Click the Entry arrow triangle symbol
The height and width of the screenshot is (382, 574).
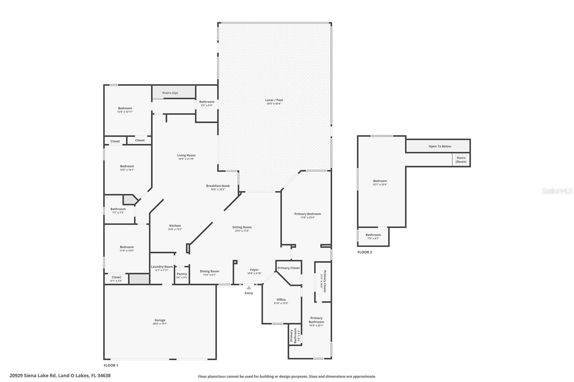click(x=249, y=288)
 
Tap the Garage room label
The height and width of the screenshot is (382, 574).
click(x=160, y=320)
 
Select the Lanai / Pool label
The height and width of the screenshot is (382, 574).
click(x=274, y=100)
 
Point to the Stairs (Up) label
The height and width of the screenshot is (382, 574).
click(x=170, y=93)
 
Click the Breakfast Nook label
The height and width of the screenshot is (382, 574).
click(x=218, y=186)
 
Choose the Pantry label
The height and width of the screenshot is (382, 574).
click(x=182, y=274)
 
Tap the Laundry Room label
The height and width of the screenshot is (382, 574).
click(x=162, y=267)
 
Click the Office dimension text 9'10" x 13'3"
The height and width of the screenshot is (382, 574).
click(x=281, y=303)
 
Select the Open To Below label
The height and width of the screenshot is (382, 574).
click(x=439, y=146)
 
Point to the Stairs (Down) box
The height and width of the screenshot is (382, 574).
click(x=461, y=159)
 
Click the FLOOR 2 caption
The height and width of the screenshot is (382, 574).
click(x=364, y=252)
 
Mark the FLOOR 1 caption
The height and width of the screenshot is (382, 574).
click(x=111, y=365)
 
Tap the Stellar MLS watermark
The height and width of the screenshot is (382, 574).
click(x=557, y=191)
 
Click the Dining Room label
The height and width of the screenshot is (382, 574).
click(x=209, y=271)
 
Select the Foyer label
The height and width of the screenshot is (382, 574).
click(x=254, y=270)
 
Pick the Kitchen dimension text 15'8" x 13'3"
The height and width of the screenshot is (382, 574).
click(x=175, y=229)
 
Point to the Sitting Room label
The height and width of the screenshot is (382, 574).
click(x=242, y=227)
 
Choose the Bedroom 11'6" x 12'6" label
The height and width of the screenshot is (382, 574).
click(x=127, y=247)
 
